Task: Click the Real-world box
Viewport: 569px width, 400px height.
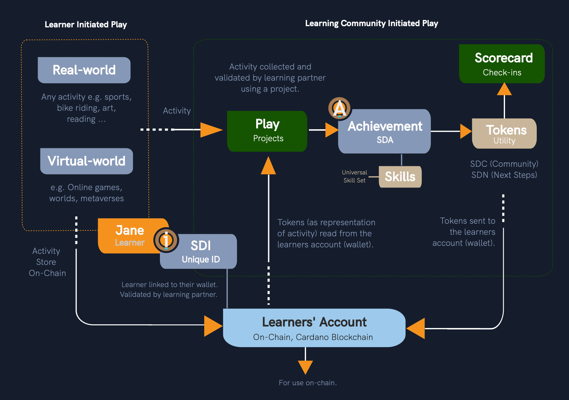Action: (x=84, y=70)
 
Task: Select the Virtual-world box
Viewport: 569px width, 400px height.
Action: (x=86, y=161)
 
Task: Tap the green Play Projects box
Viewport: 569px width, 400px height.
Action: (x=267, y=131)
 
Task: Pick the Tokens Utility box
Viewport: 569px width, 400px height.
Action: (x=504, y=134)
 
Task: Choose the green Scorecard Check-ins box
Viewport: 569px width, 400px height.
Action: (x=502, y=64)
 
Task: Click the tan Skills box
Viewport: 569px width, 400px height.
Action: (x=400, y=177)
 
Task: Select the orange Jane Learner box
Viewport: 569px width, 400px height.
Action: (x=129, y=236)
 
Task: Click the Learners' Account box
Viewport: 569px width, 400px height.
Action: (x=314, y=328)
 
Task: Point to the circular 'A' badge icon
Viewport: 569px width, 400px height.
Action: (x=340, y=108)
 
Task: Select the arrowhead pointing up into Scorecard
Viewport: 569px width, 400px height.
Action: (x=504, y=89)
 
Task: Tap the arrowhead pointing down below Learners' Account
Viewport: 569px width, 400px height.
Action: (x=305, y=367)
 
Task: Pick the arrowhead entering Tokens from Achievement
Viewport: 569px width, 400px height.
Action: (x=465, y=131)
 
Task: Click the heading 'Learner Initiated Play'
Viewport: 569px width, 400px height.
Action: (x=86, y=25)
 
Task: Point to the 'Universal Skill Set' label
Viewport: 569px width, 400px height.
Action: (x=355, y=176)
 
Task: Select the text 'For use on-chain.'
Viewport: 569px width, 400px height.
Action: (x=308, y=383)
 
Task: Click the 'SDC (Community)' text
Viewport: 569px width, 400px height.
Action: (x=504, y=164)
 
